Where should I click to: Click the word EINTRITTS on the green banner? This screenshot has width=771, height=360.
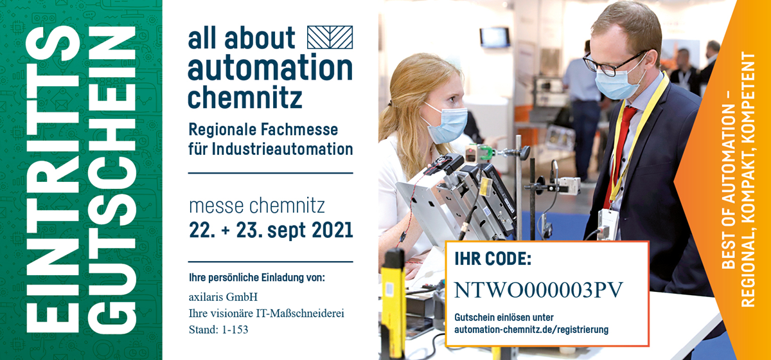[x=53, y=179]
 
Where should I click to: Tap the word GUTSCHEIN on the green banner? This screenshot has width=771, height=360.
[x=112, y=179]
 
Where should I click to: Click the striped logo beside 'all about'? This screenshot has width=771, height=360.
[x=330, y=37]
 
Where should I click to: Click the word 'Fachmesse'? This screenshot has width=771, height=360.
[x=299, y=129]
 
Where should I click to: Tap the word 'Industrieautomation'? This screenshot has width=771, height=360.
[x=282, y=149]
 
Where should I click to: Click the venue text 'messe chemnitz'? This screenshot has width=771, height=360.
[x=257, y=206]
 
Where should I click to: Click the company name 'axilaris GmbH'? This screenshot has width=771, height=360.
[x=223, y=297]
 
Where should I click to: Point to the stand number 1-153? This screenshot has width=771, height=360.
[x=235, y=330]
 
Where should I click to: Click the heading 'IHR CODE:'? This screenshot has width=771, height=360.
[x=493, y=259]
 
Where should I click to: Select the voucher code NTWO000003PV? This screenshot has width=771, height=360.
[x=538, y=290]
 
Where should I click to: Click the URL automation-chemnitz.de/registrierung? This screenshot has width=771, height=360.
[x=531, y=330]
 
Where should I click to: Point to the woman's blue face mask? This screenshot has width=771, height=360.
[x=446, y=124]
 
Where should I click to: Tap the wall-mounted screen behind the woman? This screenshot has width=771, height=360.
[x=495, y=37]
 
